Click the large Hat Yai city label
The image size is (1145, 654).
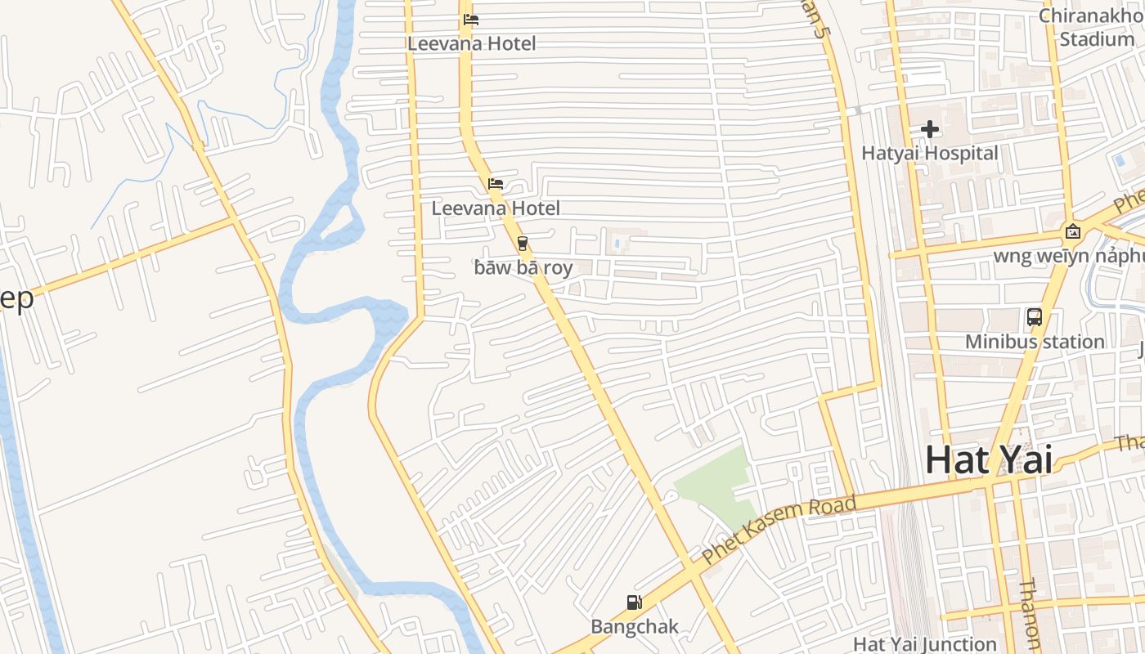coord(988,459)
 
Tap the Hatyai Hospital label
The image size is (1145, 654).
coord(930,153)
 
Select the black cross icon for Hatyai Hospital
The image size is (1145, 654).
coord(929,129)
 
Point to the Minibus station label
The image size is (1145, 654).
coord(1035,341)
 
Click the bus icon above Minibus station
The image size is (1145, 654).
coord(1034,316)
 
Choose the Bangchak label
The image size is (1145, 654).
coord(635,627)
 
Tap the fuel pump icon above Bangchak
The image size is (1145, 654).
coord(634,602)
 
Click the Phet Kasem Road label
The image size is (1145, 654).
coord(779,530)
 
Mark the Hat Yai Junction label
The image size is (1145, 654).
coord(925,644)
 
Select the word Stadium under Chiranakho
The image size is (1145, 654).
coord(1097,38)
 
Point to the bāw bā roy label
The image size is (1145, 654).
coord(523,267)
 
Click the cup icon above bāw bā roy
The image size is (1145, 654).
coord(522,243)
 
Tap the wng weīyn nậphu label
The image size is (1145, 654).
coord(1067,257)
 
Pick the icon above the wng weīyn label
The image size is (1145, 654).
coord(1073,232)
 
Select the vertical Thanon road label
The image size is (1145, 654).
coord(1030,615)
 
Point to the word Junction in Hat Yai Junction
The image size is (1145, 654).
coord(960,644)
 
